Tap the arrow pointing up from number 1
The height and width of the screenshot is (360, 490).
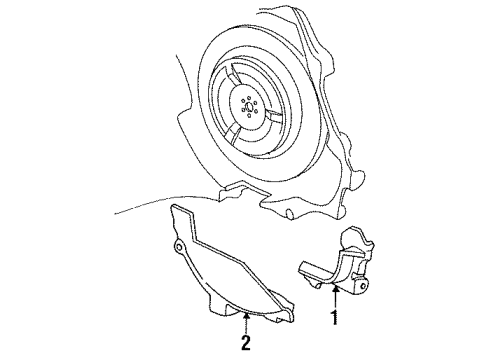[x=336, y=300]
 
